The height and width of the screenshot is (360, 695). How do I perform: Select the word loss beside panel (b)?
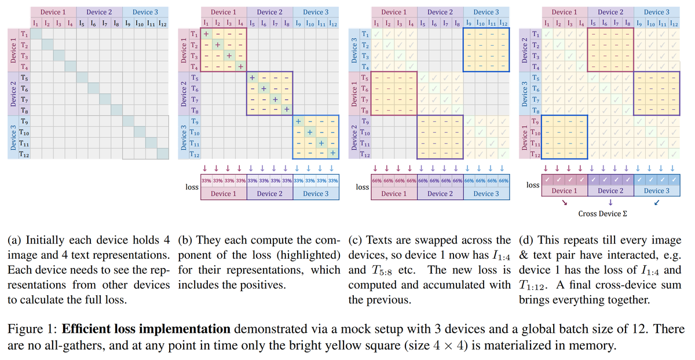[192, 187]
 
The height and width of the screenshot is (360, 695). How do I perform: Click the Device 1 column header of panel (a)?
[53, 12]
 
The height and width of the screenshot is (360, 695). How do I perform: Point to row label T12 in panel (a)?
[24, 155]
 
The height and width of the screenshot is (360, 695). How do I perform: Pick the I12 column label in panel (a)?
[162, 24]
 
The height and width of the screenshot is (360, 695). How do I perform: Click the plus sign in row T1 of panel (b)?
[206, 34]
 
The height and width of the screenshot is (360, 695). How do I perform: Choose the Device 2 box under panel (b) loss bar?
[270, 193]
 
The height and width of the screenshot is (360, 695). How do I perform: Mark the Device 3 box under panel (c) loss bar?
[487, 193]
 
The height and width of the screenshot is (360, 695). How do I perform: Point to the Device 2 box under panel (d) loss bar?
[611, 190]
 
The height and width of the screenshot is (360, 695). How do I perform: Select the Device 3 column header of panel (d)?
[657, 12]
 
